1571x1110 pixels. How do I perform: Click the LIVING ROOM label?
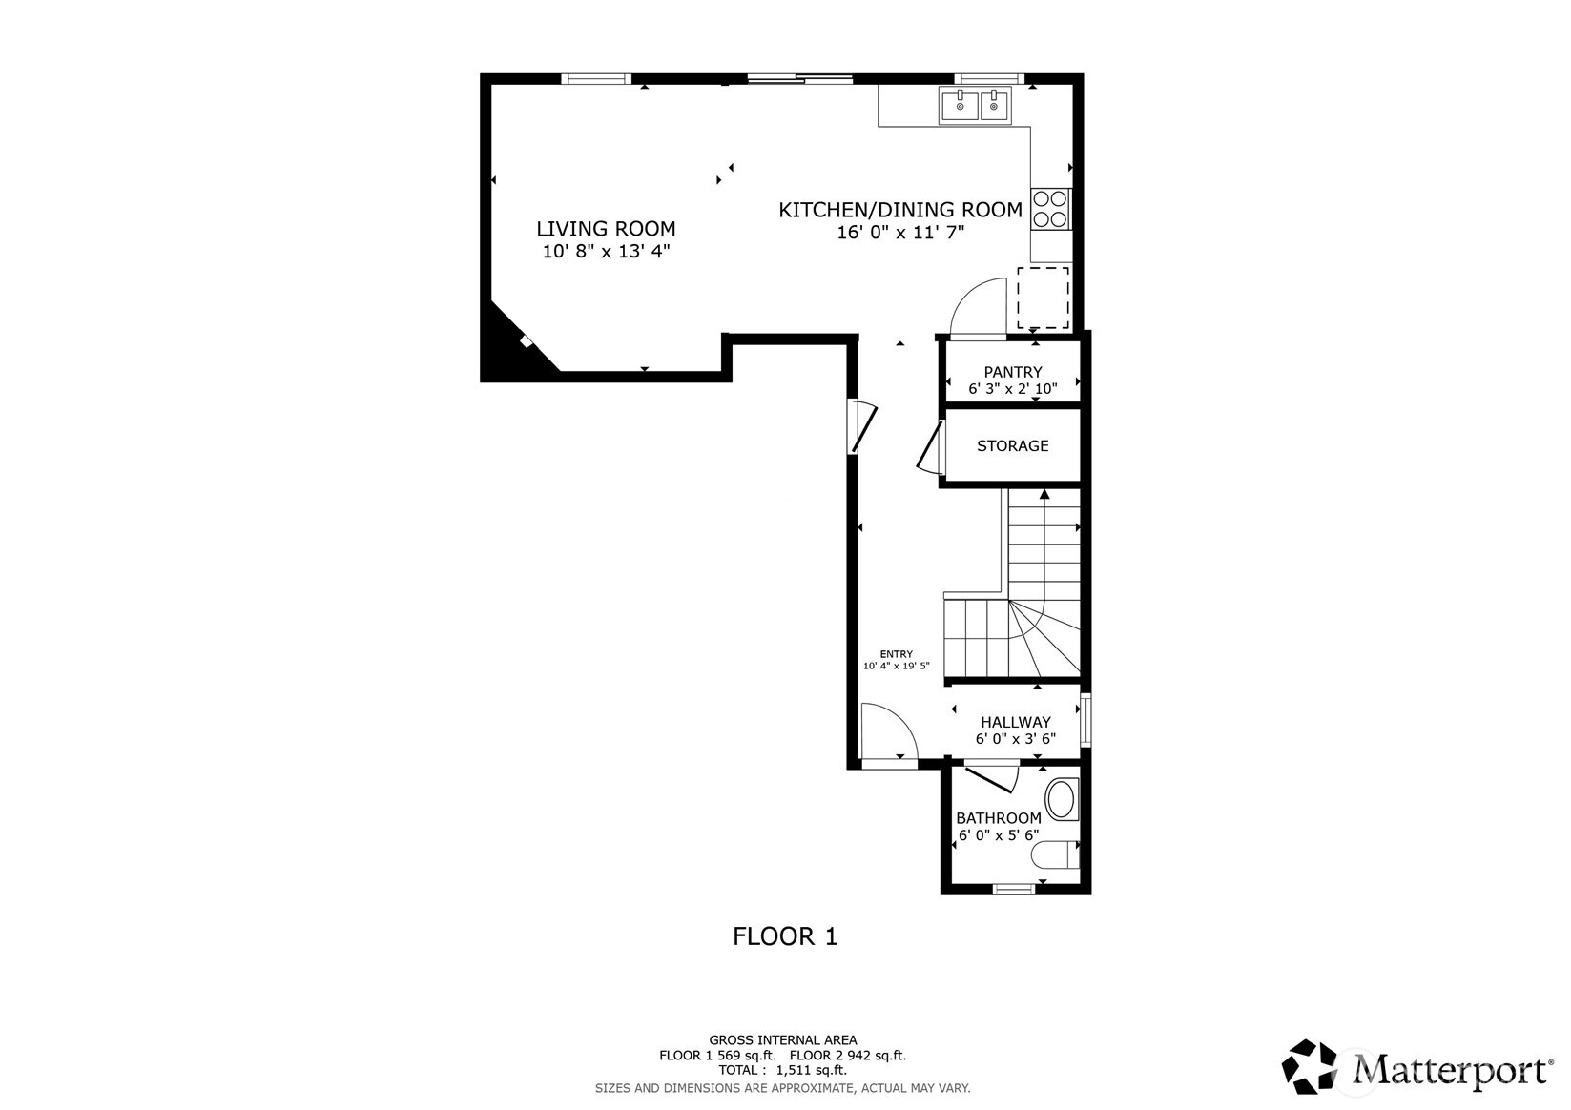[x=606, y=229]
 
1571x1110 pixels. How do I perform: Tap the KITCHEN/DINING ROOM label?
[x=900, y=210]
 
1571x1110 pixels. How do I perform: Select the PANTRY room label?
[x=1013, y=372]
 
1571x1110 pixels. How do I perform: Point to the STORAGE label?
[x=1013, y=445]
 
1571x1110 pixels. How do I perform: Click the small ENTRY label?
[x=897, y=654]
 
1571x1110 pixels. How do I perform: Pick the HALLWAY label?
[x=1016, y=722]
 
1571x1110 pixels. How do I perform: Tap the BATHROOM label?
[x=999, y=817]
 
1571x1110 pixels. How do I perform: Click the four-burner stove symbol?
[x=1050, y=209]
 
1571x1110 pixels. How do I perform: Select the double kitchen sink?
[x=976, y=106]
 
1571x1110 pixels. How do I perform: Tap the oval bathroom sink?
[x=1061, y=799]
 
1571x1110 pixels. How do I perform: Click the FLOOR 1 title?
[x=785, y=936]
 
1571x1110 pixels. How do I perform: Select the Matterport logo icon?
[x=1310, y=1066]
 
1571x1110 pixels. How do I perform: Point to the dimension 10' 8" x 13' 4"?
[x=606, y=251]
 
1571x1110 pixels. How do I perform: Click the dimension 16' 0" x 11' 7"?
[x=900, y=232]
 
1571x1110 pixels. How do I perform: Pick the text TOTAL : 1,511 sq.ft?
[x=783, y=1070]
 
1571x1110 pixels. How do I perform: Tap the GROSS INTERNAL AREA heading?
[x=783, y=1040]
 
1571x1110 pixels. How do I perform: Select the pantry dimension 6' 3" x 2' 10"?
[x=1013, y=388]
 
